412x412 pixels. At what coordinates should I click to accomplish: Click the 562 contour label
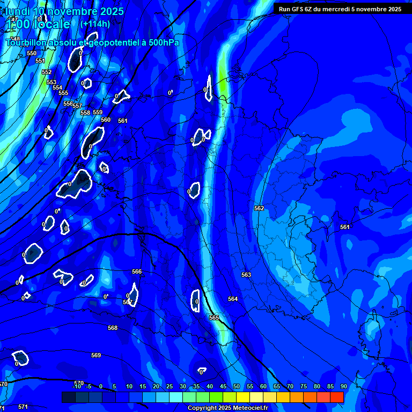[x=259, y=208]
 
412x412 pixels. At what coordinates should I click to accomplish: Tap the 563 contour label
[x=246, y=275]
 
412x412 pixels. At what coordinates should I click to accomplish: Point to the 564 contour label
[x=232, y=299]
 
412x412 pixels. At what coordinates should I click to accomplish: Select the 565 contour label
[x=214, y=318]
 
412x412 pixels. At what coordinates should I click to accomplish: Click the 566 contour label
[x=137, y=272]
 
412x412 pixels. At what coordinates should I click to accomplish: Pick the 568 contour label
[x=113, y=328]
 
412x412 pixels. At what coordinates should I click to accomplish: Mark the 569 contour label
[x=96, y=355]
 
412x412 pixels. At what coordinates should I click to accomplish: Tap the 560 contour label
[x=106, y=120]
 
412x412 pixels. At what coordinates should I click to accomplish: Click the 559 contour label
[x=98, y=112]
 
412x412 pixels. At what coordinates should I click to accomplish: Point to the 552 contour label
[x=47, y=72]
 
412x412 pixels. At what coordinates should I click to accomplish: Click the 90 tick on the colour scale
[x=343, y=387]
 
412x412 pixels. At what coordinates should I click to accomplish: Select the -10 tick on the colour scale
[x=77, y=387]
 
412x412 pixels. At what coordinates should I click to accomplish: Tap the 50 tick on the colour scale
[x=237, y=387]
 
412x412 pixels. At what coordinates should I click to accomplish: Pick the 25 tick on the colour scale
[x=170, y=387]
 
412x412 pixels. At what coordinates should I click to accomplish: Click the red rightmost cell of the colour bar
[x=337, y=397]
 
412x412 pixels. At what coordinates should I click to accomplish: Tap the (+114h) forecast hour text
[x=95, y=24]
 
